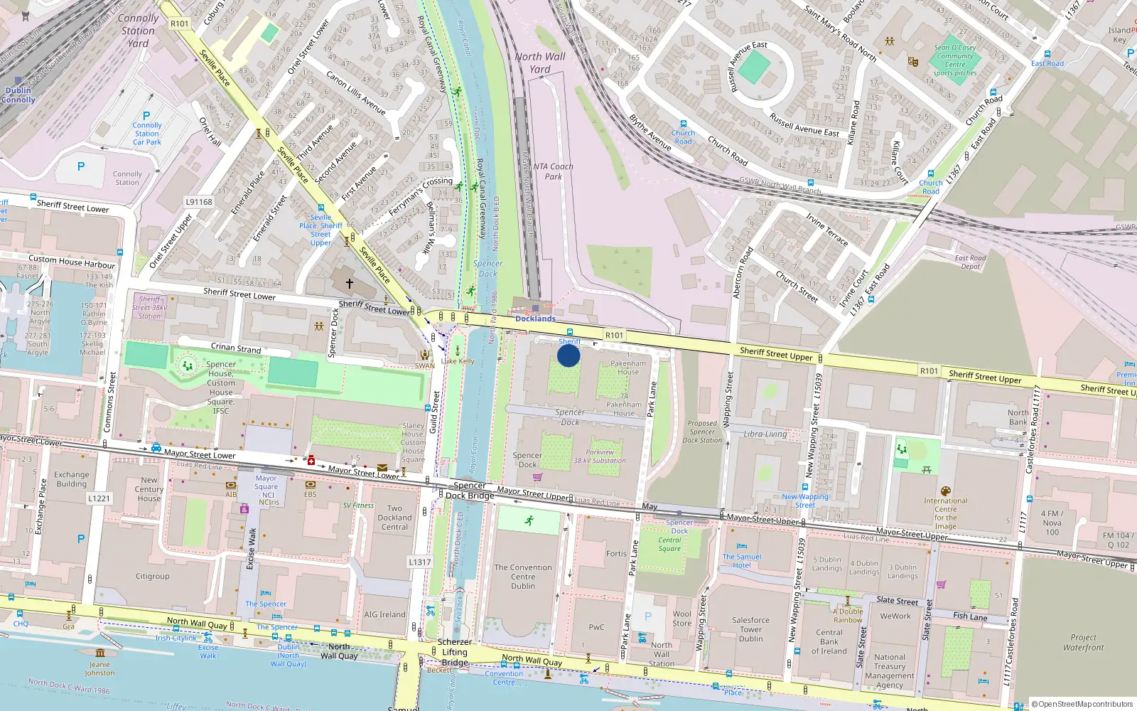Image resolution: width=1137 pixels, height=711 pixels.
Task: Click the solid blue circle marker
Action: (x=568, y=355)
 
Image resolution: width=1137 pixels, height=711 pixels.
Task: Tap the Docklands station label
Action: (x=535, y=319)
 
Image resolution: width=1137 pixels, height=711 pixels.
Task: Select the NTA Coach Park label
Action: (x=553, y=171)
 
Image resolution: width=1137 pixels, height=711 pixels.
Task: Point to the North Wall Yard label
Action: (x=540, y=63)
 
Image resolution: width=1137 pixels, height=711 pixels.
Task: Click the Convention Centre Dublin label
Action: (x=523, y=577)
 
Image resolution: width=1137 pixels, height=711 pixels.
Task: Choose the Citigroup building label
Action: (x=153, y=577)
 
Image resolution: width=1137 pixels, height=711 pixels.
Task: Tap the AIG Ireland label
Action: (x=384, y=614)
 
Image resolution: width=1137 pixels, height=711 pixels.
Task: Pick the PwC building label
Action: (x=596, y=627)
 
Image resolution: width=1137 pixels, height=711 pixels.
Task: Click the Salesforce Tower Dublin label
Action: (x=750, y=629)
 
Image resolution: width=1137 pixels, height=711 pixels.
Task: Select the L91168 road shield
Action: (x=199, y=202)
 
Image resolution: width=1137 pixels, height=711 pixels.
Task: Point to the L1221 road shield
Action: (x=99, y=498)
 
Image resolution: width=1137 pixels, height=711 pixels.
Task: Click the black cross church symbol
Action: (x=350, y=283)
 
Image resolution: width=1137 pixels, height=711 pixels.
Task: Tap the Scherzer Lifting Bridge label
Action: (x=455, y=652)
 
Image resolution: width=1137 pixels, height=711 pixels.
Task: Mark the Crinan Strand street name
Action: (x=236, y=348)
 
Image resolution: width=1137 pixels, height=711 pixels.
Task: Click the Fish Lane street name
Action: (x=970, y=616)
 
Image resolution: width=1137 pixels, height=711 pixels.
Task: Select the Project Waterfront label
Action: (x=1084, y=643)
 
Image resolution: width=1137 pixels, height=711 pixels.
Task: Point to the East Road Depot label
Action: (x=971, y=262)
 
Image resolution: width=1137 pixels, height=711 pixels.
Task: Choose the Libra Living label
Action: (x=765, y=434)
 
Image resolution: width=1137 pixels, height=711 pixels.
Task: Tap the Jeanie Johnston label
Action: (x=99, y=668)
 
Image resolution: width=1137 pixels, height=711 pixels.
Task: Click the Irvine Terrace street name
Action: (x=826, y=229)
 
